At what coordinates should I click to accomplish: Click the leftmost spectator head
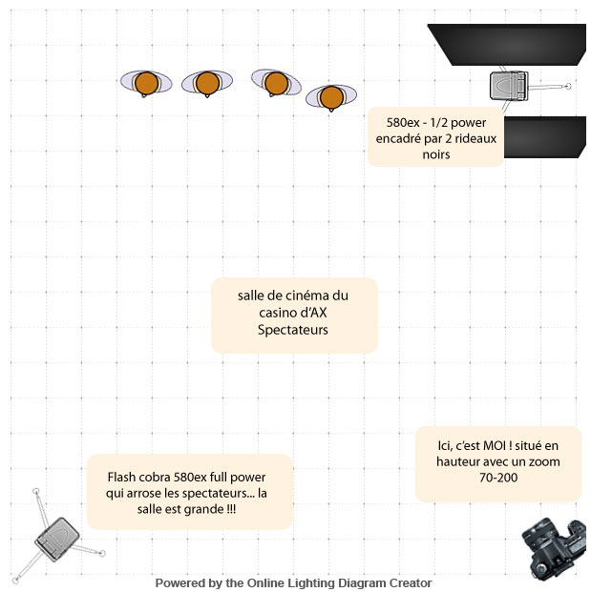146,83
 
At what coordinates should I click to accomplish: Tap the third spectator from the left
277,83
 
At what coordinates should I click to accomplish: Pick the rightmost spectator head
331,96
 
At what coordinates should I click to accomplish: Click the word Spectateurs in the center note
293,330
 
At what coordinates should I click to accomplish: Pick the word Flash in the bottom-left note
124,477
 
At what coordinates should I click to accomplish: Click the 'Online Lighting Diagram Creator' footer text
339,582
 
